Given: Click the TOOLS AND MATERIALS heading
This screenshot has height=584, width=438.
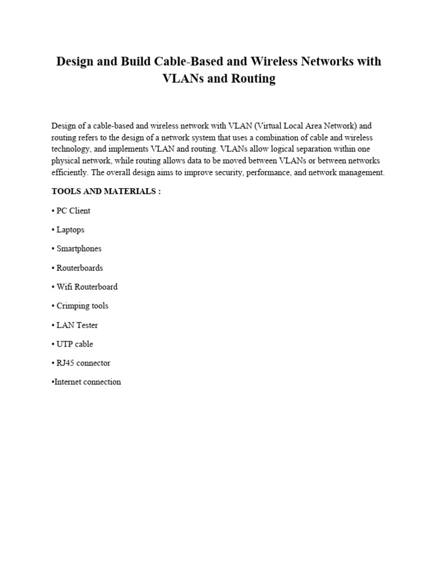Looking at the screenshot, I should [106, 192].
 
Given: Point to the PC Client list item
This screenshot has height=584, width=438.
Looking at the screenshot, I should [71, 210].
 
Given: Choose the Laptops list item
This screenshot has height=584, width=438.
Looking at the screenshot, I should [68, 230].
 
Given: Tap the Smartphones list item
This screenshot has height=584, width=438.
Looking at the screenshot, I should [76, 249].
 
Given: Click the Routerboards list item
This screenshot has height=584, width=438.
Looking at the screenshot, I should [77, 267].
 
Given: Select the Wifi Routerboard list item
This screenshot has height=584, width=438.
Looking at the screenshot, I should [84, 287].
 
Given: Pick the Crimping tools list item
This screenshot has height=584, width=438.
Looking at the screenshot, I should [80, 306].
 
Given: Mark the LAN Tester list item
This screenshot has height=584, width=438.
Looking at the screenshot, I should [75, 325].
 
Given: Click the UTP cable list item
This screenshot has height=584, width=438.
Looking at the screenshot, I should [72, 344].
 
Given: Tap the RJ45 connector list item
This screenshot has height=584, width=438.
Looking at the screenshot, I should [81, 363].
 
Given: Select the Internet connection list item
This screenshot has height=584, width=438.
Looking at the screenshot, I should [87, 382].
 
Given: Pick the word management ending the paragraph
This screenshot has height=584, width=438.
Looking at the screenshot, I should [362, 173].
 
